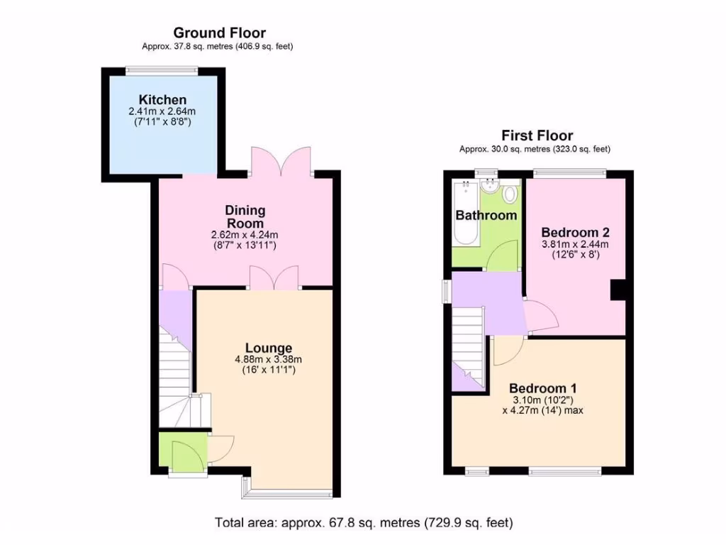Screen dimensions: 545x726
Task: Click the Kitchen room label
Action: pyautogui.click(x=162, y=100)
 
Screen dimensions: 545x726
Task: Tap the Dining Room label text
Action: pyautogui.click(x=245, y=216)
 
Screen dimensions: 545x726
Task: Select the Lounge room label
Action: pyautogui.click(x=269, y=348)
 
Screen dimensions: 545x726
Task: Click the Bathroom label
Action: pyautogui.click(x=486, y=215)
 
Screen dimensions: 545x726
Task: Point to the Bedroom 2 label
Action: pyautogui.click(x=575, y=232)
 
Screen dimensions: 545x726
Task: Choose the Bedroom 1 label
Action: pyautogui.click(x=542, y=388)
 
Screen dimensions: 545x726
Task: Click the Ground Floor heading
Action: pyautogui.click(x=219, y=33)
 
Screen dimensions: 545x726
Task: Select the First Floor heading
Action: pyautogui.click(x=537, y=136)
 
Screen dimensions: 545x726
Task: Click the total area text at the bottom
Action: pyautogui.click(x=363, y=523)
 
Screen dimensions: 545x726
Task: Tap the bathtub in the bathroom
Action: pyautogui.click(x=465, y=213)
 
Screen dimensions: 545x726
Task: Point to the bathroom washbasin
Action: pyautogui.click(x=488, y=186)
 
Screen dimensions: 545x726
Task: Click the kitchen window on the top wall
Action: pyautogui.click(x=162, y=69)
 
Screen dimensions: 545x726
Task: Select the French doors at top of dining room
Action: pyautogui.click(x=281, y=162)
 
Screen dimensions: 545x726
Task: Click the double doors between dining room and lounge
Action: pyautogui.click(x=274, y=278)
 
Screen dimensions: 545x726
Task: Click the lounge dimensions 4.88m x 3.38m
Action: pyautogui.click(x=269, y=359)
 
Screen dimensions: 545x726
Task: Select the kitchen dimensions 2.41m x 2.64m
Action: pyautogui.click(x=162, y=111)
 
